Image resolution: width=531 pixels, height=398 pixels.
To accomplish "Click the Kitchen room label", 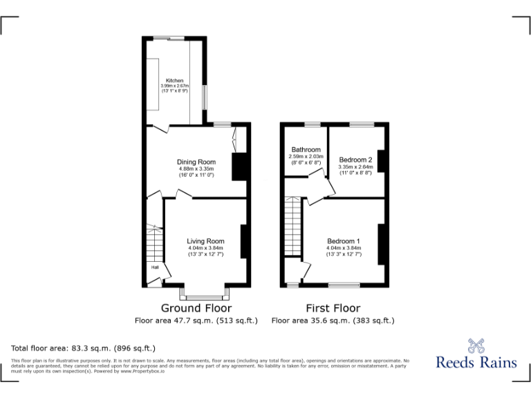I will point(174,80).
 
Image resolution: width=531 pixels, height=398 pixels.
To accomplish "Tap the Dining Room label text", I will point(196,162).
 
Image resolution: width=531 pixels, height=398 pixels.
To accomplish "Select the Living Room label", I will point(205,241).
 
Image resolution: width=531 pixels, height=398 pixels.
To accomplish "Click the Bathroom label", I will point(306,149).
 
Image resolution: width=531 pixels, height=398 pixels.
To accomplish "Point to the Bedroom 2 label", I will point(355,160).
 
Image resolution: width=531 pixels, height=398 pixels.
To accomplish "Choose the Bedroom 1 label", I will point(344,241).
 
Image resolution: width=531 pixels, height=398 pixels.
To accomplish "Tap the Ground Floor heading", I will point(196,308).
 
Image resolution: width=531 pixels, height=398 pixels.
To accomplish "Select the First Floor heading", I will point(333,308).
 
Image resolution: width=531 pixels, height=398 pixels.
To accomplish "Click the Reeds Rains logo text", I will point(476,362).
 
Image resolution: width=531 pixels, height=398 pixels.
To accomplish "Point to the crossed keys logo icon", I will point(476,343).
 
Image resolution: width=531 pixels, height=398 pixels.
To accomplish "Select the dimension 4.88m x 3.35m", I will point(196,169).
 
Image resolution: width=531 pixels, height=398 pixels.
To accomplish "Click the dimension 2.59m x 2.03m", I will point(306,157).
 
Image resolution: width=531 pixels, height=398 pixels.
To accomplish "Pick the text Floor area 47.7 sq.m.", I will point(196,321).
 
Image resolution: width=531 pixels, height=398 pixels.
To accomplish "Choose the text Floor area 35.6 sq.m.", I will point(333,321).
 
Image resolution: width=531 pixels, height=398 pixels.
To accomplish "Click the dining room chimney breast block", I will point(239,167).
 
